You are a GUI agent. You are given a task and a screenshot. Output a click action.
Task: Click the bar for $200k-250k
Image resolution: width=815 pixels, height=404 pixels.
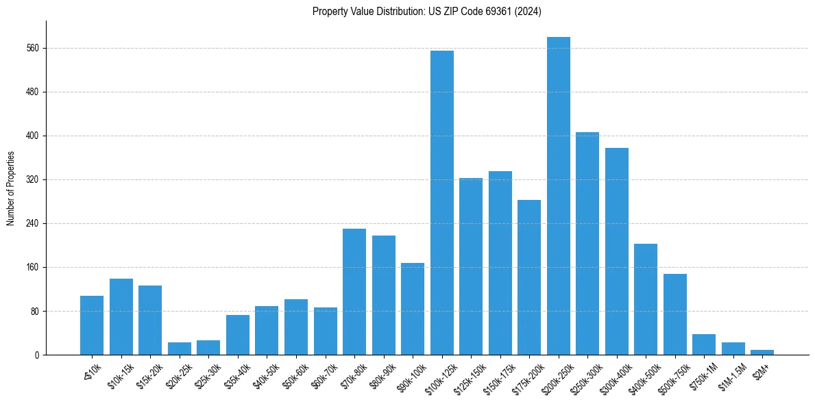(558, 196)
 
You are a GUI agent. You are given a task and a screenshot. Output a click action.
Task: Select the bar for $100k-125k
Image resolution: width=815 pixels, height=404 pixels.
(441, 203)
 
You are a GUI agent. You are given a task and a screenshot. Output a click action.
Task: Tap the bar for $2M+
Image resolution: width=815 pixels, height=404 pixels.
(762, 352)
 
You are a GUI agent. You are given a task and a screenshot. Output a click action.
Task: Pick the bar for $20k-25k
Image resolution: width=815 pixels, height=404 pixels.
(180, 349)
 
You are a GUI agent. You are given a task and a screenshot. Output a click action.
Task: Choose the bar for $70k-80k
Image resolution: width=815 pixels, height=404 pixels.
(354, 292)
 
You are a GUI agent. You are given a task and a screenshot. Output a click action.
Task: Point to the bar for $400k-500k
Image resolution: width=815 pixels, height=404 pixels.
(645, 299)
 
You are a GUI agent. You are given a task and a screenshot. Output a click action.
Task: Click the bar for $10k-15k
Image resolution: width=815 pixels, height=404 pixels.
(121, 316)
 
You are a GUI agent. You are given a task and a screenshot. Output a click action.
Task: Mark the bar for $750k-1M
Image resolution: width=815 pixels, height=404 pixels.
(703, 344)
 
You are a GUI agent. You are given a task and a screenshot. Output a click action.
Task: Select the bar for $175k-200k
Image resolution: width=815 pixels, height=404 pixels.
(529, 277)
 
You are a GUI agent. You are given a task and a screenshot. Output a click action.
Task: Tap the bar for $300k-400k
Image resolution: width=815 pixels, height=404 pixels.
(616, 251)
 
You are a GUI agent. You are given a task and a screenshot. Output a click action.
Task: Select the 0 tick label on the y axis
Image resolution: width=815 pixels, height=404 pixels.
(38, 355)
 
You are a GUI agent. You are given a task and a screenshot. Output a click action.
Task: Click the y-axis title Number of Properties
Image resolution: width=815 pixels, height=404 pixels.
(10, 188)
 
